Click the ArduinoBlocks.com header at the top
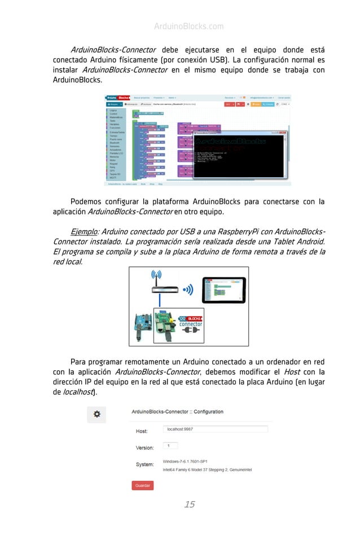coord(188,27)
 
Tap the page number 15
coord(189,504)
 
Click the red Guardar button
coord(143,485)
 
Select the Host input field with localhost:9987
coord(215,429)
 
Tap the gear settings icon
coord(96,414)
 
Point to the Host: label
coord(142,432)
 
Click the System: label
coord(144,464)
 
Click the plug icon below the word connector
coord(190,333)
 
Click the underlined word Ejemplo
coord(83,232)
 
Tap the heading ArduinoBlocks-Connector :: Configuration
coord(177,412)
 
